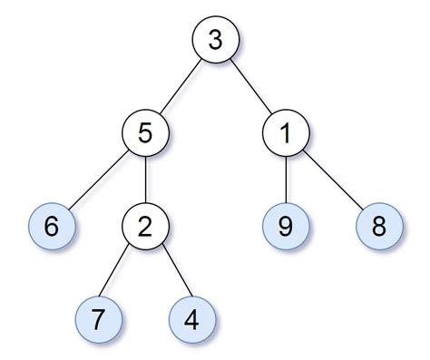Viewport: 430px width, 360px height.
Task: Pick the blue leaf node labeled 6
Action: pyautogui.click(x=52, y=226)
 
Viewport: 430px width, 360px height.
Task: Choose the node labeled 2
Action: pyautogui.click(x=146, y=226)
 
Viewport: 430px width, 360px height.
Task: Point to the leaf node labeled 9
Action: pyautogui.click(x=284, y=226)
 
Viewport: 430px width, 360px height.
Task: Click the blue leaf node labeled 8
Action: pyautogui.click(x=378, y=226)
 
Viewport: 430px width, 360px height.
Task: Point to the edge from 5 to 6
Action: pyautogui.click(x=99, y=180)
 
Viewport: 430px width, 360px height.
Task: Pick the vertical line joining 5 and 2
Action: pyautogui.click(x=146, y=180)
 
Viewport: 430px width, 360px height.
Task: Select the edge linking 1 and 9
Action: pyautogui.click(x=284, y=180)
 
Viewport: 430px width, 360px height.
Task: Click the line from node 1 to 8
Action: pyautogui.click(x=331, y=180)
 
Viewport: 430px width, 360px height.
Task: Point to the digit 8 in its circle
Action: pyautogui.click(x=378, y=226)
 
